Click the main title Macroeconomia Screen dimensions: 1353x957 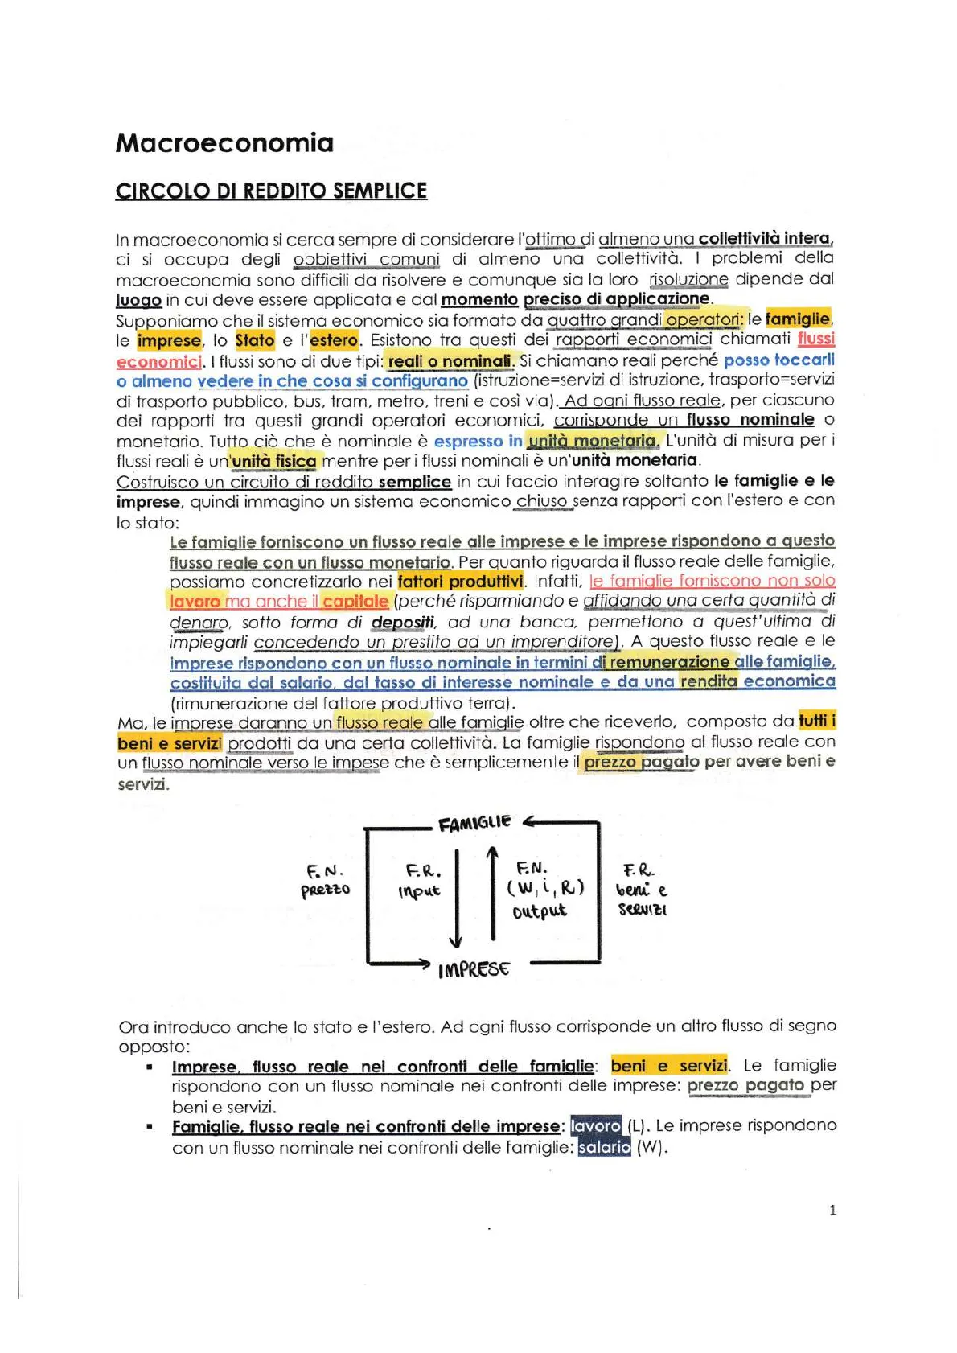[x=224, y=143]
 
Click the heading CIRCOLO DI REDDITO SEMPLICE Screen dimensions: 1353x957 [x=271, y=191]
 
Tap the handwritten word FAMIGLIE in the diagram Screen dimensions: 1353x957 [x=474, y=822]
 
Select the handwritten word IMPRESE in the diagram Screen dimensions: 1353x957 [x=474, y=969]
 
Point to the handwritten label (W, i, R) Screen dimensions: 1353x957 [x=545, y=888]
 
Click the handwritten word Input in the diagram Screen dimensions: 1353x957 [x=419, y=891]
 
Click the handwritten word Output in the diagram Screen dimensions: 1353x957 [x=540, y=911]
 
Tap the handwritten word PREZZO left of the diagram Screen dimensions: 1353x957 [x=326, y=890]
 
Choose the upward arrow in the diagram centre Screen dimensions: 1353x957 [x=492, y=893]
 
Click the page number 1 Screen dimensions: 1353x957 [x=832, y=1210]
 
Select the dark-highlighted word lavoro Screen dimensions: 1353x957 [x=596, y=1126]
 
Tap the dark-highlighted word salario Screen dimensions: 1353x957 [x=604, y=1147]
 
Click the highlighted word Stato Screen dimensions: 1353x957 [x=255, y=340]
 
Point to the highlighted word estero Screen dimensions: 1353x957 [x=334, y=340]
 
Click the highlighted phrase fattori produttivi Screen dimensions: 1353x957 [x=460, y=581]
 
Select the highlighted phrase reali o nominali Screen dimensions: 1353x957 [x=450, y=360]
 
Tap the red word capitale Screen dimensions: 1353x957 [x=355, y=602]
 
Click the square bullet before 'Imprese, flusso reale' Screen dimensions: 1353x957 [x=150, y=1067]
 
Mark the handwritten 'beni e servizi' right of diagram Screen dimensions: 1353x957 [x=641, y=899]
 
